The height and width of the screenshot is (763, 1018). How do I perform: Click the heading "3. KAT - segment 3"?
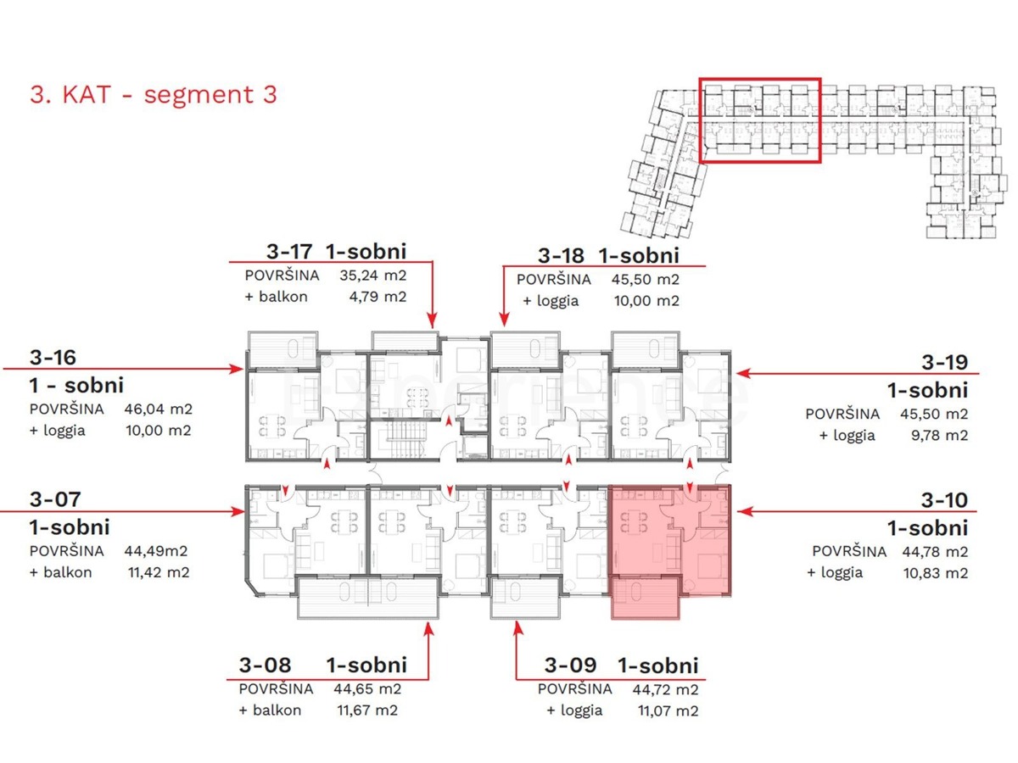(x=154, y=93)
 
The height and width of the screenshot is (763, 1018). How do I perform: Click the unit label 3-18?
(x=562, y=255)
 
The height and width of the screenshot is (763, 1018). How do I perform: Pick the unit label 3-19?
(x=944, y=362)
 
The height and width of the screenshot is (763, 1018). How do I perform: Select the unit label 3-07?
(x=55, y=499)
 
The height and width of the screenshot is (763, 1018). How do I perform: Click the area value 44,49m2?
(x=154, y=550)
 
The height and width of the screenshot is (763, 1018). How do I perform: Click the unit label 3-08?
(x=261, y=666)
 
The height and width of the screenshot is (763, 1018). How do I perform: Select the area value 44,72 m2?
(x=665, y=688)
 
